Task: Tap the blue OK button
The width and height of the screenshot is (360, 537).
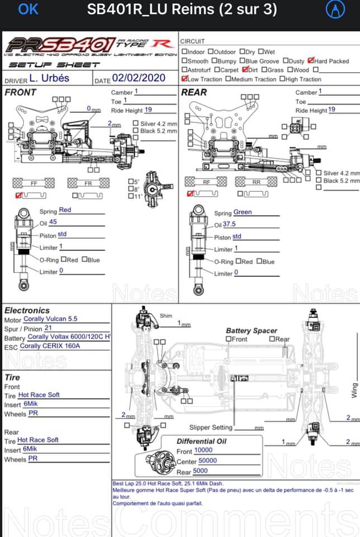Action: coord(29,10)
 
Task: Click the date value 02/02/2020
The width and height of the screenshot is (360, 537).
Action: coord(139,78)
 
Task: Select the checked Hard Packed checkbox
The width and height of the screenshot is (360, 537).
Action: coord(311,61)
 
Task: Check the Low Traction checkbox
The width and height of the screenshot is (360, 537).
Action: coord(184,79)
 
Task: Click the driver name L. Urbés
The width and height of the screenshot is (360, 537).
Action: coord(49,78)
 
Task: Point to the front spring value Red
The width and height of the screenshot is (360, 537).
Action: coord(65,210)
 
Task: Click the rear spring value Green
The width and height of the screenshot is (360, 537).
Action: coord(243,213)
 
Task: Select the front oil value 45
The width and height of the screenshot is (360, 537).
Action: coord(53,223)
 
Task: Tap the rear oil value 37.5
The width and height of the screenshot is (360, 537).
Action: coord(229,224)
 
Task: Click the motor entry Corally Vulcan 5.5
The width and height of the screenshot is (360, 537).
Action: coord(50,319)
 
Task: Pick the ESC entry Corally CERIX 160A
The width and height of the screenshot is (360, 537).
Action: coord(50,346)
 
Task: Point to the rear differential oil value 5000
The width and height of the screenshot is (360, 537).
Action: coord(200,471)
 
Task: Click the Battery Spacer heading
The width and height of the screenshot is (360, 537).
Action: coord(251,331)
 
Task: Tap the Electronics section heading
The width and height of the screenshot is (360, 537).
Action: coord(27,310)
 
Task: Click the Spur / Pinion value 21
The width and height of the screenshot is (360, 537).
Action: coord(48,328)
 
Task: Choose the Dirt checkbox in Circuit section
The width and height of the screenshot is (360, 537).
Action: coord(245,70)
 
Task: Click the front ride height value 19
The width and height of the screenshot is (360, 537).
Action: coord(148,110)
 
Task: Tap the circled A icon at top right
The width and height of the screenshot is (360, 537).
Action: coord(334,10)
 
